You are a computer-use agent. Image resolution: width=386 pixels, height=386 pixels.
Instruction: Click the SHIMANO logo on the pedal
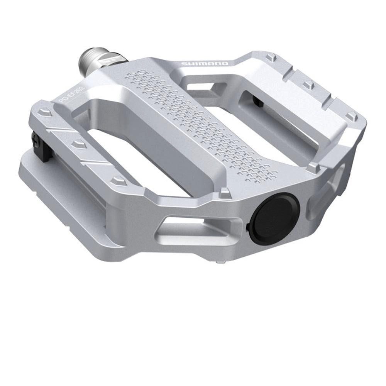point(205,64)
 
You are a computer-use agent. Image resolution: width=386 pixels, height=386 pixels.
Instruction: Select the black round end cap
point(274,218)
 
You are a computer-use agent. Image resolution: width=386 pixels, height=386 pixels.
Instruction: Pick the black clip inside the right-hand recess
point(257,101)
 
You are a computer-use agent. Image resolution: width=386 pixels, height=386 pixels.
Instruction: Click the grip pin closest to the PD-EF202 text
point(46,112)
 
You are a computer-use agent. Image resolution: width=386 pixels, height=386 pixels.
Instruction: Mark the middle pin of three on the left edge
point(79,143)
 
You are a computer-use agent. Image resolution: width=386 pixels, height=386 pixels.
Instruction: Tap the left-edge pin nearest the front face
point(117,180)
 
